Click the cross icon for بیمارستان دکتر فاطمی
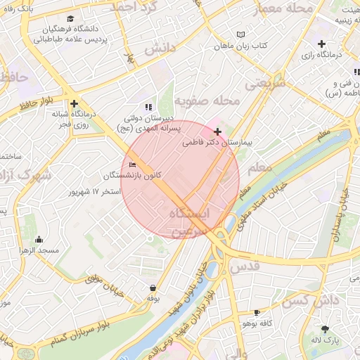point(218,131)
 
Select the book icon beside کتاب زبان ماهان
point(241,34)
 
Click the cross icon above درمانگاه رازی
point(321,44)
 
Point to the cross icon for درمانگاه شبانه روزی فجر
point(74,103)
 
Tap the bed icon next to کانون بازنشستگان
point(132,165)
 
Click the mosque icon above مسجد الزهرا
point(38,239)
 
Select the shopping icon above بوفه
point(153,288)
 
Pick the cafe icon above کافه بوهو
point(257,311)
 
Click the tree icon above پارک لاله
point(324,328)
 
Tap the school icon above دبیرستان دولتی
point(148,107)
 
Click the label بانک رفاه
point(18,8)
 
